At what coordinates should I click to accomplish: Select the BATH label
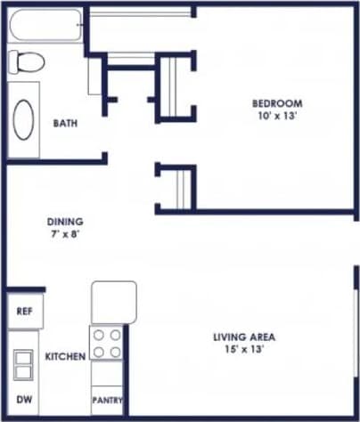click(64, 123)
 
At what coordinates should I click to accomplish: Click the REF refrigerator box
click(24, 312)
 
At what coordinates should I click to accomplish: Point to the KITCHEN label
click(65, 357)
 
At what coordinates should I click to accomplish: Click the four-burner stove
click(107, 344)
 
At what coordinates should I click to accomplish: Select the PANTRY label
click(107, 401)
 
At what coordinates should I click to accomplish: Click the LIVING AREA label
click(244, 337)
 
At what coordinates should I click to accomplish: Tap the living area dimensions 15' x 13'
click(244, 350)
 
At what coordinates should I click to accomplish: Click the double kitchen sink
click(23, 366)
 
